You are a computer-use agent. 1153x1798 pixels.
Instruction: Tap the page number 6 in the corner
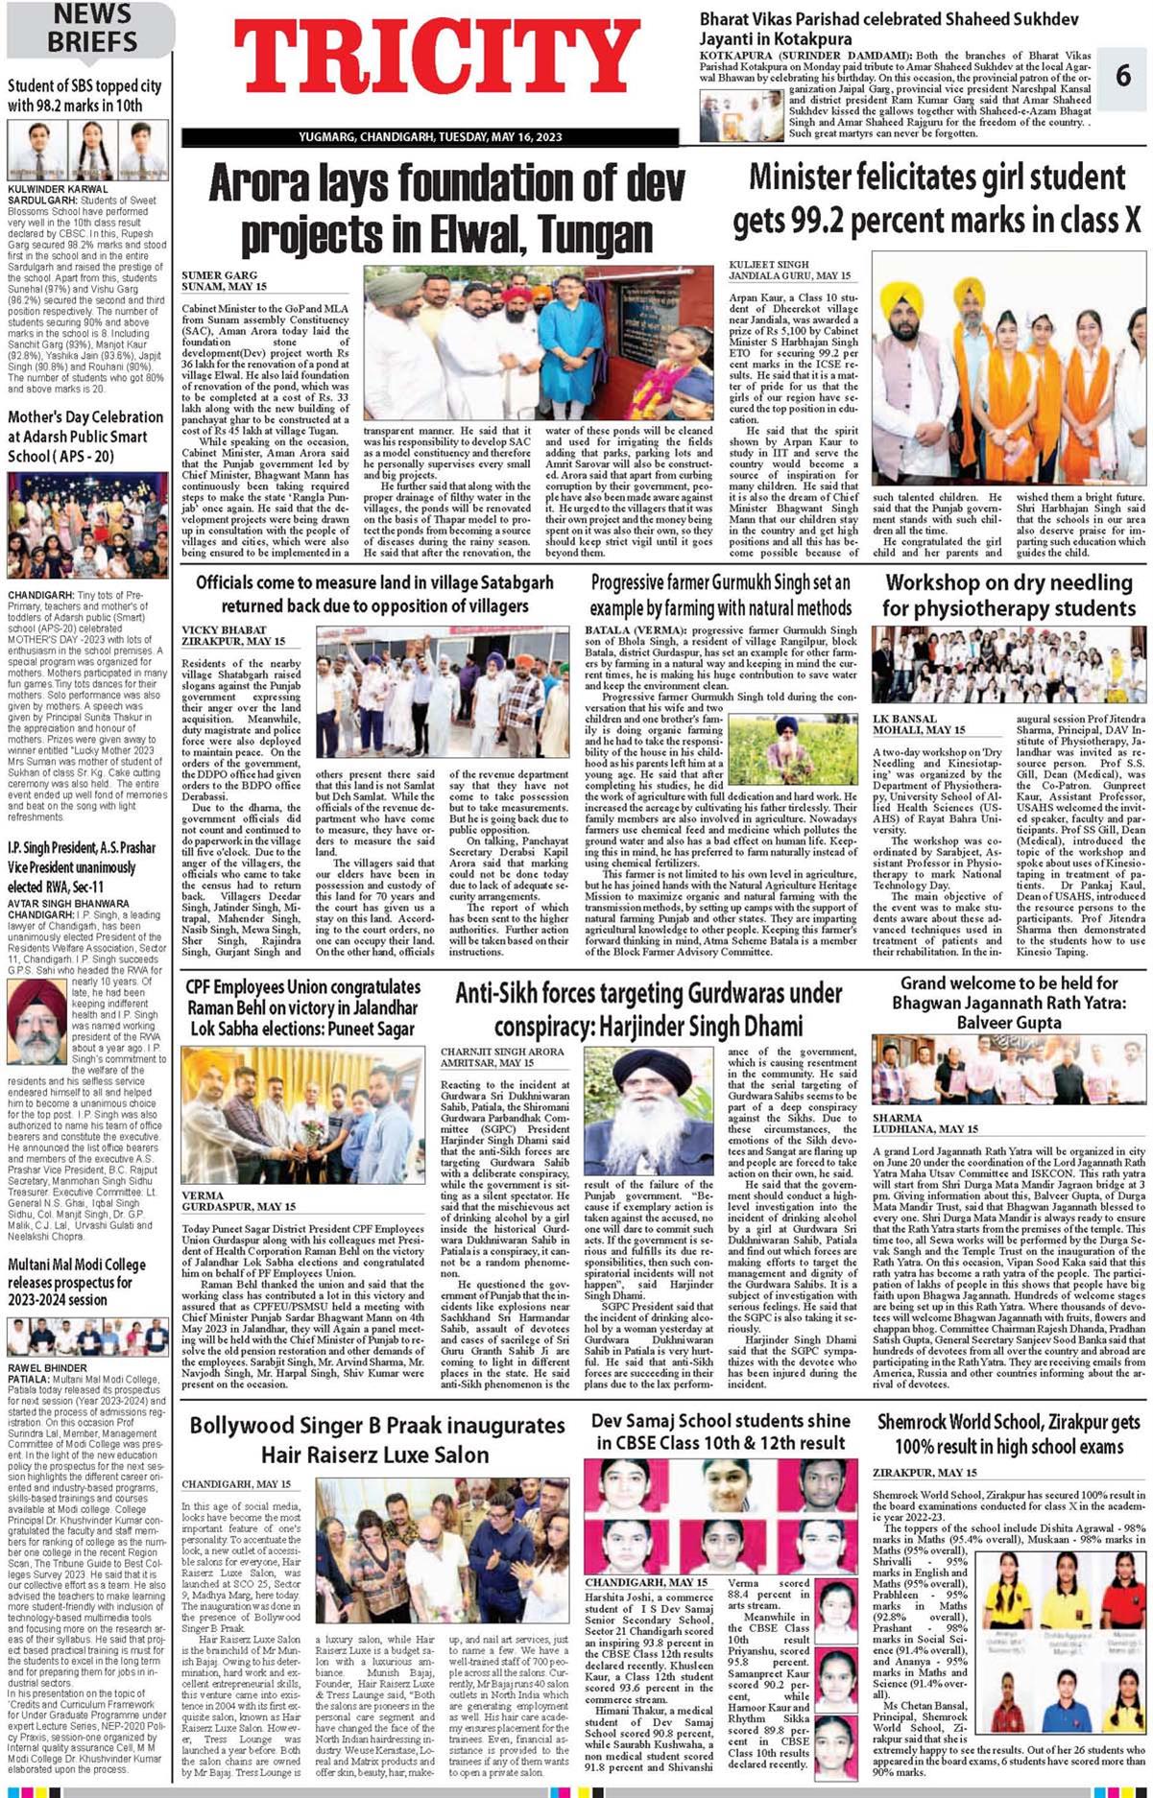[x=1123, y=74]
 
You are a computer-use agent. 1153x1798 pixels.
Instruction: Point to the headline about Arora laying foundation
[x=447, y=207]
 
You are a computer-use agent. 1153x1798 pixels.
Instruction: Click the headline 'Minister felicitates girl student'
[x=937, y=199]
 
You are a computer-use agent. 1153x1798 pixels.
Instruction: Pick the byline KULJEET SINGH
[x=769, y=264]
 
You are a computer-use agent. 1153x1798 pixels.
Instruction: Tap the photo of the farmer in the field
[x=792, y=747]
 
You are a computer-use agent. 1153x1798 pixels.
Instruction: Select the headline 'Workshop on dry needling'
[x=1009, y=595]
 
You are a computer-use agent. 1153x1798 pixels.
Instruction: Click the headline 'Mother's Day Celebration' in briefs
[x=85, y=437]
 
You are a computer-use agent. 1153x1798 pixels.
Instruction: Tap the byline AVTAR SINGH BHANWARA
[x=68, y=903]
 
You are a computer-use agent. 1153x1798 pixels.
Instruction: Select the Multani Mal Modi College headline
[x=77, y=1282]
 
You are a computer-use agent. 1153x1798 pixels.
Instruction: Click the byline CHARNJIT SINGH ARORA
[x=502, y=1052]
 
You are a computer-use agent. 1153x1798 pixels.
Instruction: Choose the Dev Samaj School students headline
[x=720, y=1431]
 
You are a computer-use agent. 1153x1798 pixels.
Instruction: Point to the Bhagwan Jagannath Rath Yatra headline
[x=1009, y=1003]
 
